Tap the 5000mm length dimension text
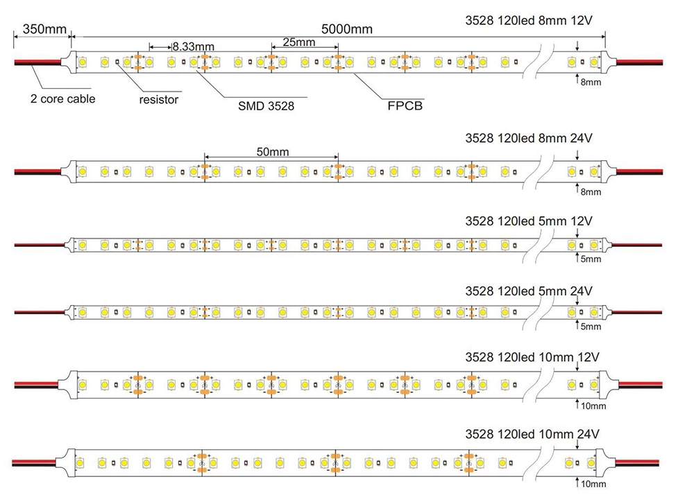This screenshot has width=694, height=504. pyautogui.click(x=347, y=29)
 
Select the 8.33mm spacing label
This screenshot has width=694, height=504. pyautogui.click(x=193, y=46)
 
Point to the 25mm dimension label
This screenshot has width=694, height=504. pyautogui.click(x=299, y=43)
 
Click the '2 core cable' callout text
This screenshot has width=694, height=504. pyautogui.click(x=62, y=98)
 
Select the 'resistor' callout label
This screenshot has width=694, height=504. pyautogui.click(x=159, y=99)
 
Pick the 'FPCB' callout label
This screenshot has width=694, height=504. pyautogui.click(x=405, y=106)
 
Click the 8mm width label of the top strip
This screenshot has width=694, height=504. pyautogui.click(x=591, y=82)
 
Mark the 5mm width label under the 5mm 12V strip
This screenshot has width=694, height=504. pyautogui.click(x=591, y=259)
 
